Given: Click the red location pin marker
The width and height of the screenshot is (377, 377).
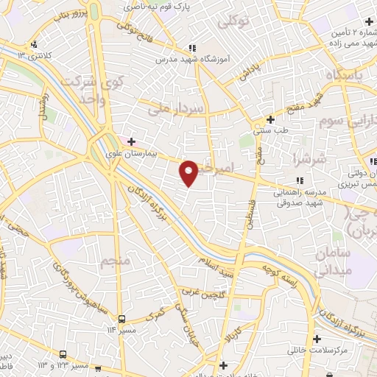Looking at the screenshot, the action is [189, 172].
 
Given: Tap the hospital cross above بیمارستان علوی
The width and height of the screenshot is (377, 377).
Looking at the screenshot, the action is [131, 141].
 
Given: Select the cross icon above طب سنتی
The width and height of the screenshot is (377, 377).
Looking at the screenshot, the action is [271, 119].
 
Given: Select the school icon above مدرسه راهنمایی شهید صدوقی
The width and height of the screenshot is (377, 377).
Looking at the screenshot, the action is [298, 180].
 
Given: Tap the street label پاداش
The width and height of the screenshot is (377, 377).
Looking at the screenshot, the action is [249, 71].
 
